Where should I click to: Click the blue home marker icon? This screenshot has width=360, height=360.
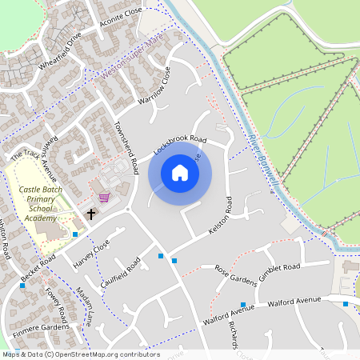180,173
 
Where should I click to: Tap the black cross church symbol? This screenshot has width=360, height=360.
91,214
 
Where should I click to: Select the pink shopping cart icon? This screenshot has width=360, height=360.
103,196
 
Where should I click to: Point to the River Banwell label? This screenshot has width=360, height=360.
263,163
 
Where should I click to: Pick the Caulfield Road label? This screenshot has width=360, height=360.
120,274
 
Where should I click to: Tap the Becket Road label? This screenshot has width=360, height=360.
38,270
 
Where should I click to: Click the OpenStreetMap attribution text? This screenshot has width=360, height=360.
80,354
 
